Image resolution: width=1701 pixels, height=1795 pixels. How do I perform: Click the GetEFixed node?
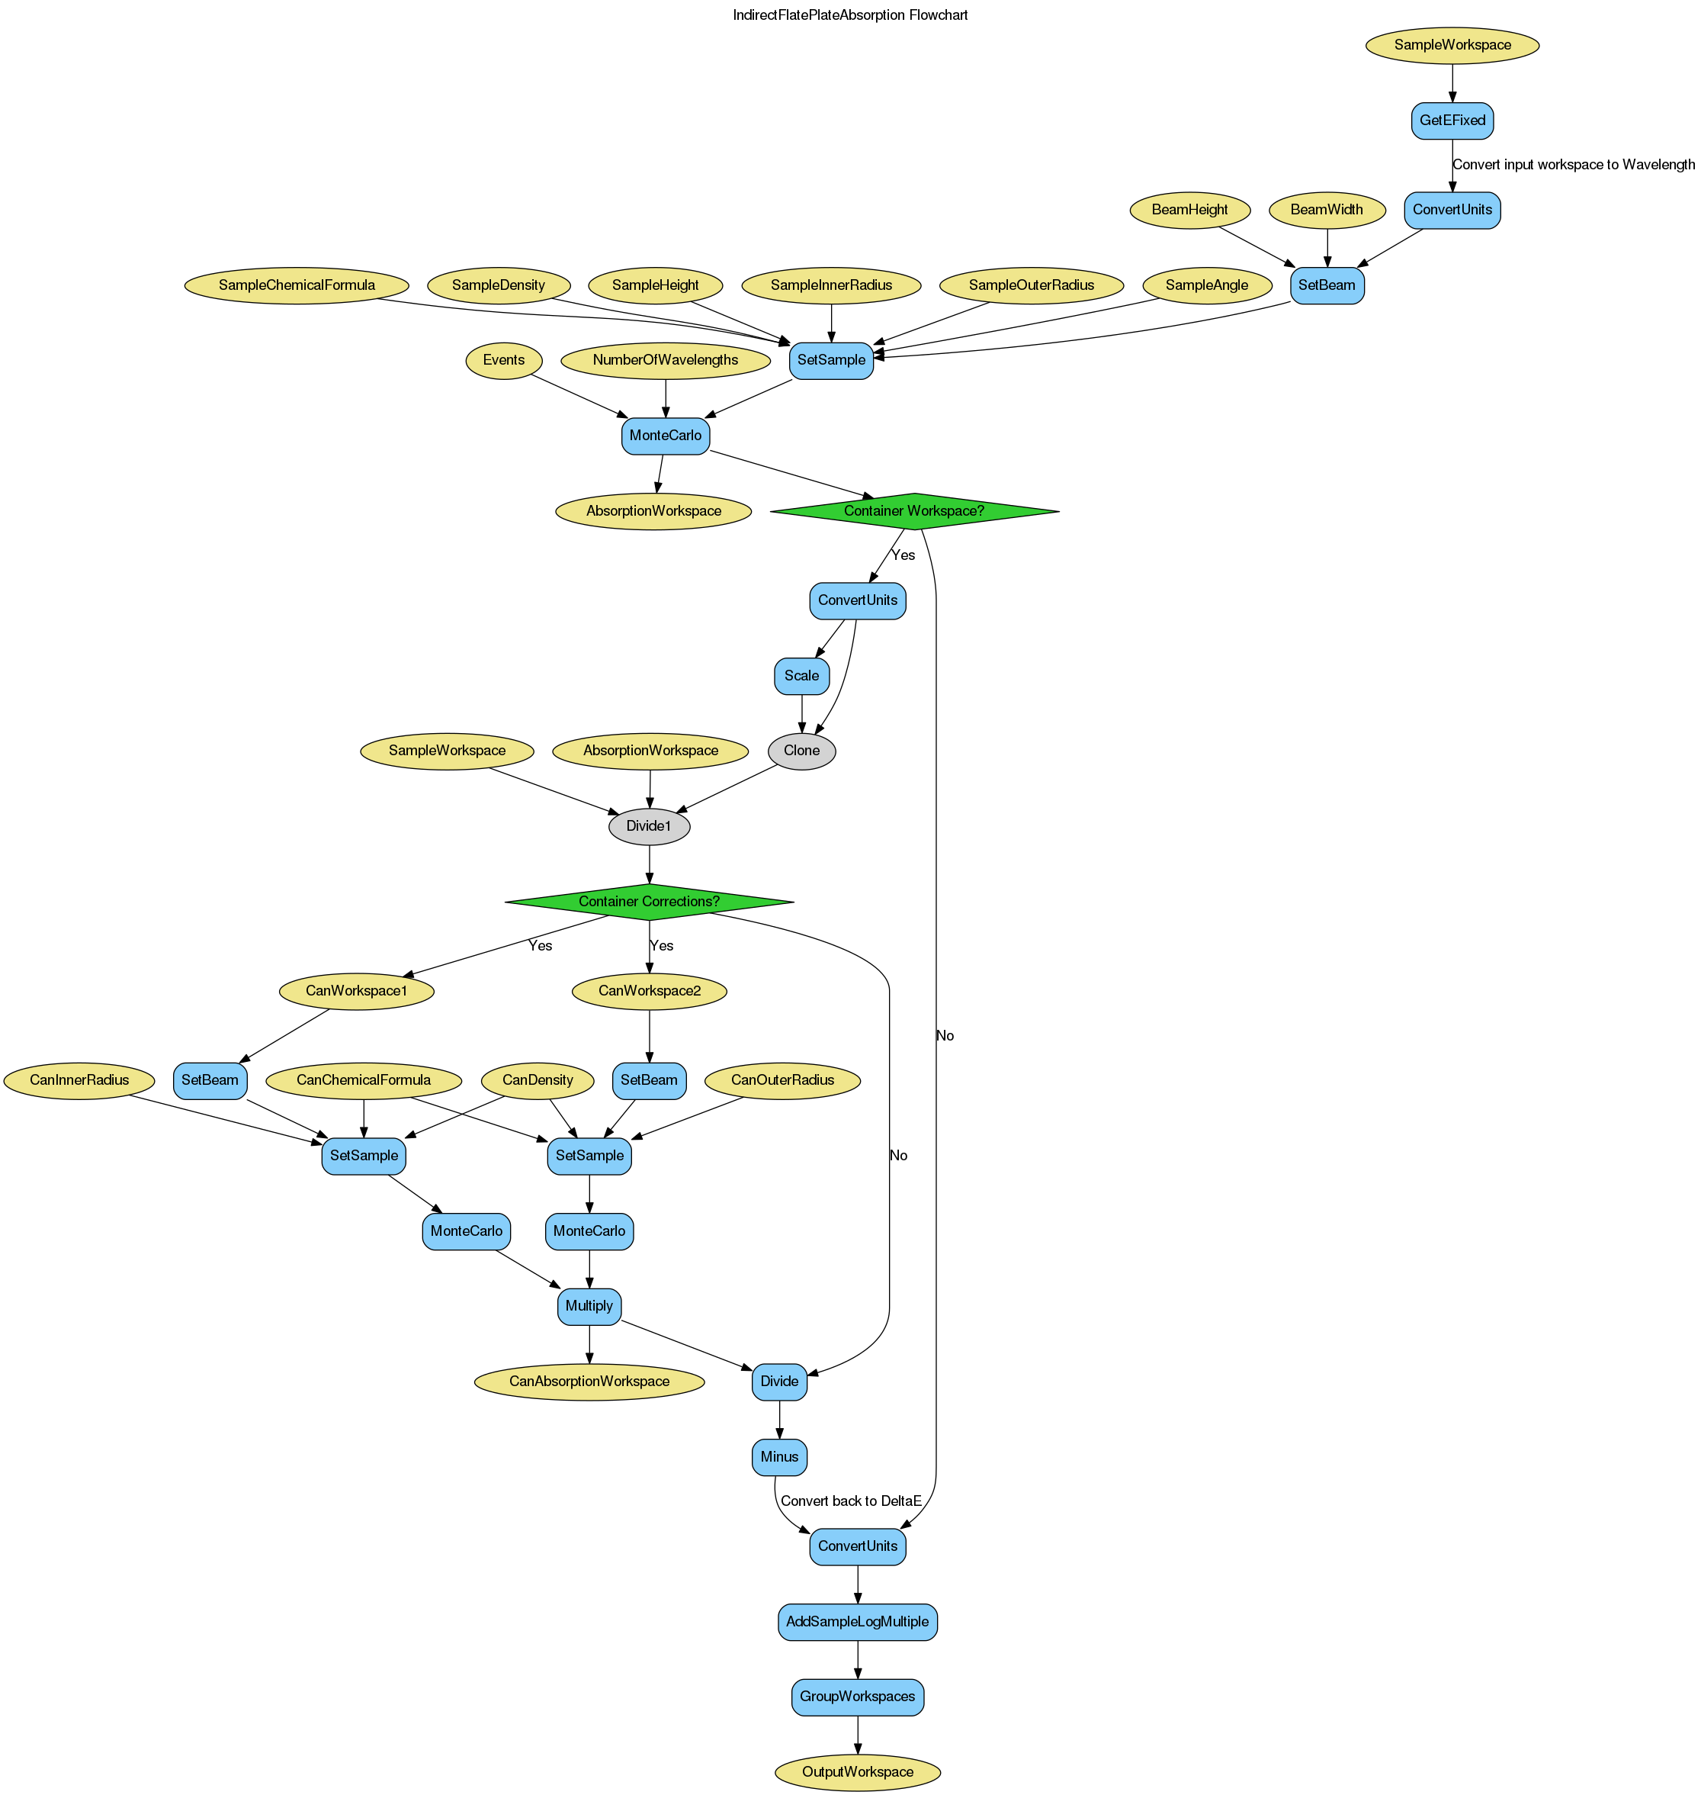click(x=1452, y=121)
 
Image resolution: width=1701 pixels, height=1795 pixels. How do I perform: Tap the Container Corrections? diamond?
click(x=649, y=902)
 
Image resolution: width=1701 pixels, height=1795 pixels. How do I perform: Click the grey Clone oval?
click(x=801, y=751)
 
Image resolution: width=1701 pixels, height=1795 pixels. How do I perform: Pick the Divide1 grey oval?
click(x=649, y=826)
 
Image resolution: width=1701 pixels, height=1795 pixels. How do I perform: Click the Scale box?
click(x=801, y=676)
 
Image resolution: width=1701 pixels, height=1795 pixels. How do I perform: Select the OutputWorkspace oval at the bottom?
click(x=858, y=1771)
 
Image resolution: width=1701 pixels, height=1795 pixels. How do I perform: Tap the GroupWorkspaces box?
click(x=858, y=1696)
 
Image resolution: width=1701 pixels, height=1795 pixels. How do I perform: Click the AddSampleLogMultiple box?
click(x=858, y=1621)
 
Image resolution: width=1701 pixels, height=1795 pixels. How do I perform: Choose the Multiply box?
click(x=589, y=1306)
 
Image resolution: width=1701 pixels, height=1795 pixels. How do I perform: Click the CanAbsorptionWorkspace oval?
click(x=589, y=1382)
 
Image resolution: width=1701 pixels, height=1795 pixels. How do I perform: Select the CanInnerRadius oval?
click(x=81, y=1080)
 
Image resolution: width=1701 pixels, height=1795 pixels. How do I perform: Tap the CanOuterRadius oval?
click(x=782, y=1080)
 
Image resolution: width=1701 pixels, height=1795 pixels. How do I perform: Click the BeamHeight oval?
click(x=1190, y=210)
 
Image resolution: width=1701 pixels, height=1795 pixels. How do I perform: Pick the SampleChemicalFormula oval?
click(x=297, y=285)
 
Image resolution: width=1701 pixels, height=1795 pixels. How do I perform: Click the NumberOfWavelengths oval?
click(x=666, y=360)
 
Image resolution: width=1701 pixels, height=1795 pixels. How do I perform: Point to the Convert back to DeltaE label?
click(x=851, y=1501)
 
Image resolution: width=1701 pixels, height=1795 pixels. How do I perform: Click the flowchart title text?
click(x=851, y=15)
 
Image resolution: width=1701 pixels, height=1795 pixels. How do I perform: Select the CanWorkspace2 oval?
click(x=649, y=990)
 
